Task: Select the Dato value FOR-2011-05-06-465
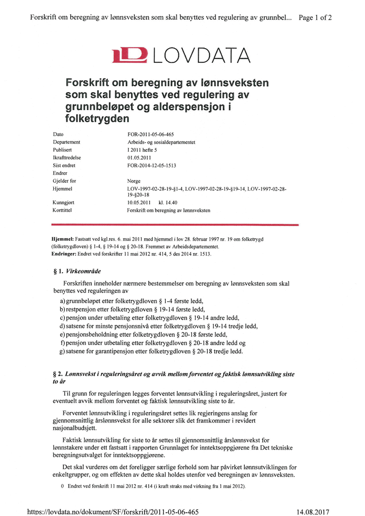coord(151,134)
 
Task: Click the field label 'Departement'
coord(66,142)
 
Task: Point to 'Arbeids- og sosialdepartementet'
coord(161,142)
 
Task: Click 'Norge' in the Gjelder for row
coord(134,180)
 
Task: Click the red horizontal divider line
coord(175,224)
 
